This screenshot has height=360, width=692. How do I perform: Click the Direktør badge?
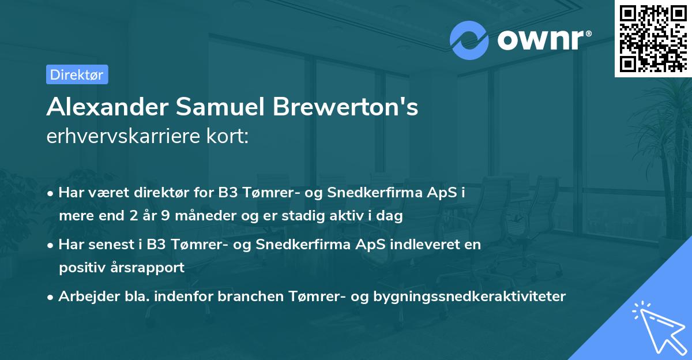click(77, 74)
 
